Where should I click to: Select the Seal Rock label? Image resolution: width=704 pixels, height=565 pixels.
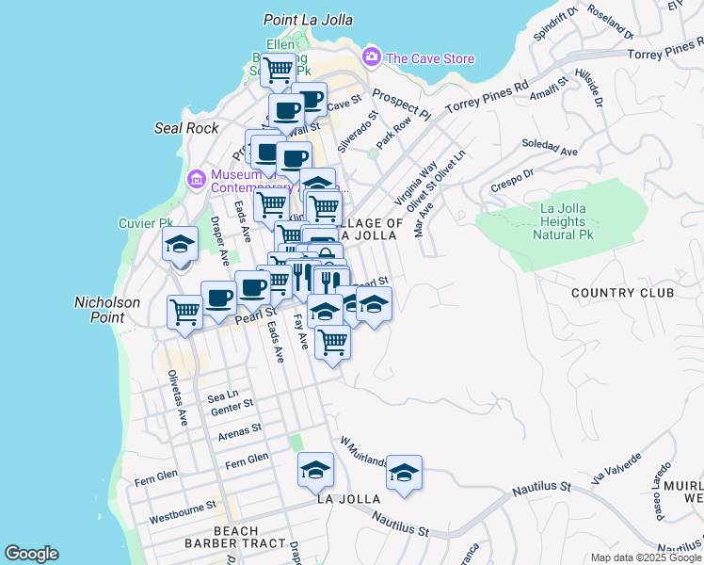(186, 128)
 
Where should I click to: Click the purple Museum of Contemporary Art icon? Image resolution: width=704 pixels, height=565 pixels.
(197, 178)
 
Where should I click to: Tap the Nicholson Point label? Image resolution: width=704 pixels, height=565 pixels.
(107, 310)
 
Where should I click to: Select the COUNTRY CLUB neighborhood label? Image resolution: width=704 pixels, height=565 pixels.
(622, 293)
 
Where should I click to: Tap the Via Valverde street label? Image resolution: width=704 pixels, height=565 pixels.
(618, 468)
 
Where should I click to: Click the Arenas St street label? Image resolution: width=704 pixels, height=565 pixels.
(239, 431)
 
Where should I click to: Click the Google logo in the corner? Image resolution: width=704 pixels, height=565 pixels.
(32, 554)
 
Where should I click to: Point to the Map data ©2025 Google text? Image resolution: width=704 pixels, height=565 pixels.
(645, 557)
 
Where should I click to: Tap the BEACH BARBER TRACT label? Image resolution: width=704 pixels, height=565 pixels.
(235, 538)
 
